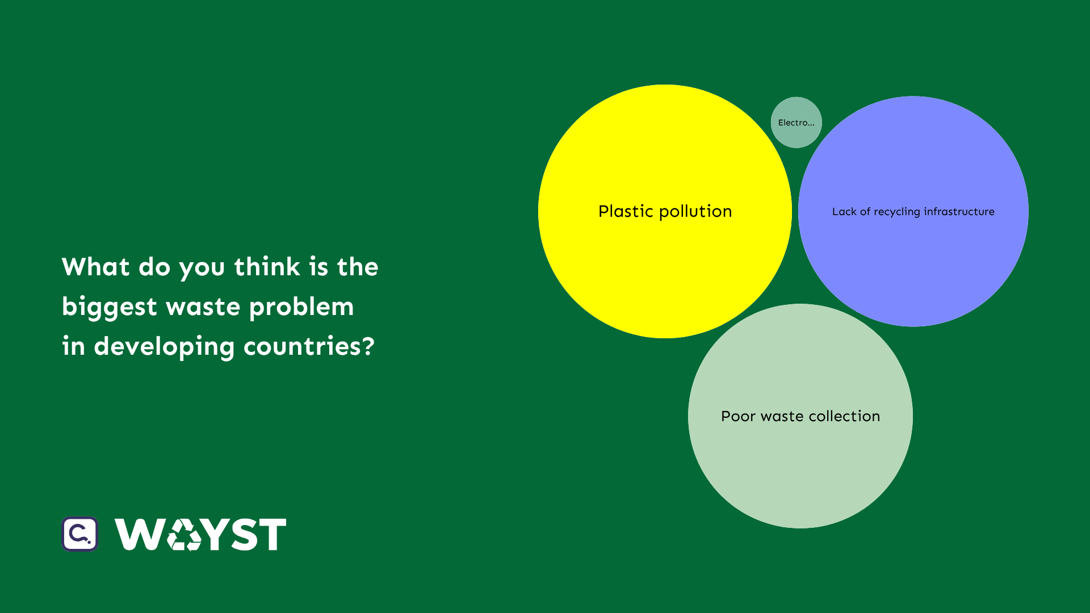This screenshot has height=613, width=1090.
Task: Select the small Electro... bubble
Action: [x=796, y=123]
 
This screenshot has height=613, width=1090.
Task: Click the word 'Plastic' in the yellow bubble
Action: [x=626, y=211]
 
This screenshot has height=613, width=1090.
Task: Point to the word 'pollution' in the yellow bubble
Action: [x=695, y=212]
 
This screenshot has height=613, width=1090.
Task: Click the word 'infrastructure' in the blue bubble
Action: [x=959, y=212]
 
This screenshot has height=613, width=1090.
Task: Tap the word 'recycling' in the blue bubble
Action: [x=896, y=212]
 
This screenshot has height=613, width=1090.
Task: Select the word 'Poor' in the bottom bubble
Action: [x=738, y=416]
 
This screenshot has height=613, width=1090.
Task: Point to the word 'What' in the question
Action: [x=96, y=267]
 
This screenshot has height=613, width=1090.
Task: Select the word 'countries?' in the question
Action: [x=309, y=346]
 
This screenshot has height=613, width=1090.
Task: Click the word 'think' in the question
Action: [x=267, y=266]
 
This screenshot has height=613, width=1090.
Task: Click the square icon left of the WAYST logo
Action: [x=80, y=534]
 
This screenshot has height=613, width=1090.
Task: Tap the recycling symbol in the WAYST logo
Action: [x=185, y=535]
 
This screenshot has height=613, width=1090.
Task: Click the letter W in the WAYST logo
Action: [x=140, y=534]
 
